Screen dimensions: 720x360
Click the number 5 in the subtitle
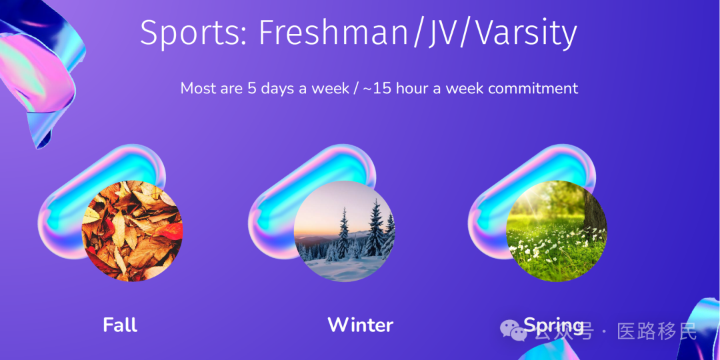point(251,88)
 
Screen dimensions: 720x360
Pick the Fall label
point(120,325)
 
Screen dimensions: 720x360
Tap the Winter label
point(361,325)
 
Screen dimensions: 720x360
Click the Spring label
point(553,325)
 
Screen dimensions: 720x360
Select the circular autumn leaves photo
point(132,231)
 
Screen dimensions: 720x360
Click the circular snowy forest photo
point(345,231)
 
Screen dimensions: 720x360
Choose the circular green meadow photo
point(557,231)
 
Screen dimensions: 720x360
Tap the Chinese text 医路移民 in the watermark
point(657,331)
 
